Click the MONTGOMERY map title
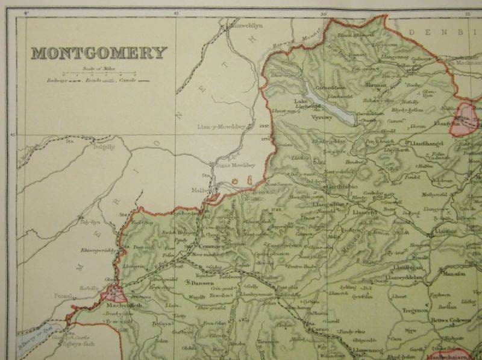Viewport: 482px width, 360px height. tap(99, 53)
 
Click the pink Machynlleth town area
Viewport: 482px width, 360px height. tap(114, 294)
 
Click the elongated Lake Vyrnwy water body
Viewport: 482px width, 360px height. tap(330, 104)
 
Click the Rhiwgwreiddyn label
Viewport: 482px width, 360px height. tap(96, 250)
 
